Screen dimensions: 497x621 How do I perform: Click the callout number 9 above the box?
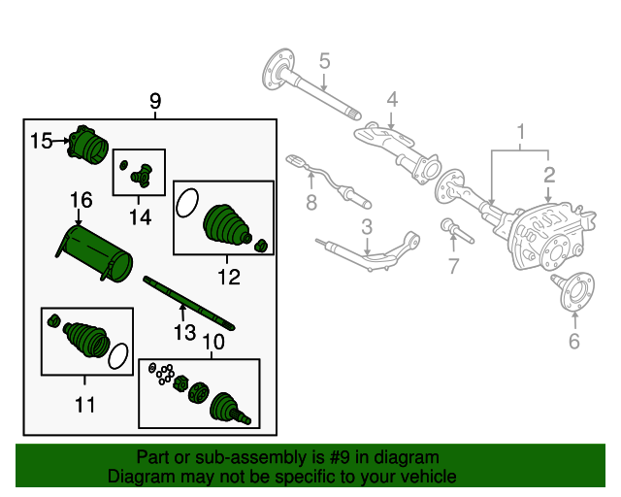pyautogui.click(x=155, y=101)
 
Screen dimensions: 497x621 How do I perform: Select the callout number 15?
pyautogui.click(x=41, y=142)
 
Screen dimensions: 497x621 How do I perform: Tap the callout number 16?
pyautogui.click(x=81, y=200)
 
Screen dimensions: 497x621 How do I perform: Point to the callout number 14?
pyautogui.click(x=141, y=217)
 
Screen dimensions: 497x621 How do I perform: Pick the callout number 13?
pyautogui.click(x=183, y=334)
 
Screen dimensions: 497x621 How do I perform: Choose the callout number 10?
pyautogui.click(x=212, y=343)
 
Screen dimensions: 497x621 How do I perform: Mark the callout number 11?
pyautogui.click(x=85, y=404)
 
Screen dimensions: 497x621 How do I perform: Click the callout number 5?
pyautogui.click(x=325, y=61)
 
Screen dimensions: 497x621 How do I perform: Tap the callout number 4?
pyautogui.click(x=392, y=98)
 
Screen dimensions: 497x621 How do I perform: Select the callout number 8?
pyautogui.click(x=310, y=203)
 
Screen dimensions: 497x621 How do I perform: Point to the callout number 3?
pyautogui.click(x=367, y=227)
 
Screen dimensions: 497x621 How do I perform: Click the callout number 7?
pyautogui.click(x=453, y=265)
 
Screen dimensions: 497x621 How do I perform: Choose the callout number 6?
pyautogui.click(x=572, y=341)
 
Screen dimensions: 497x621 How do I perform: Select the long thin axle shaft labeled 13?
pyautogui.click(x=189, y=303)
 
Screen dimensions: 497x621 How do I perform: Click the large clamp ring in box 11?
pyautogui.click(x=118, y=356)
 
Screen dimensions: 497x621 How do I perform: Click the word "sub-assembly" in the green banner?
pyautogui.click(x=241, y=457)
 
